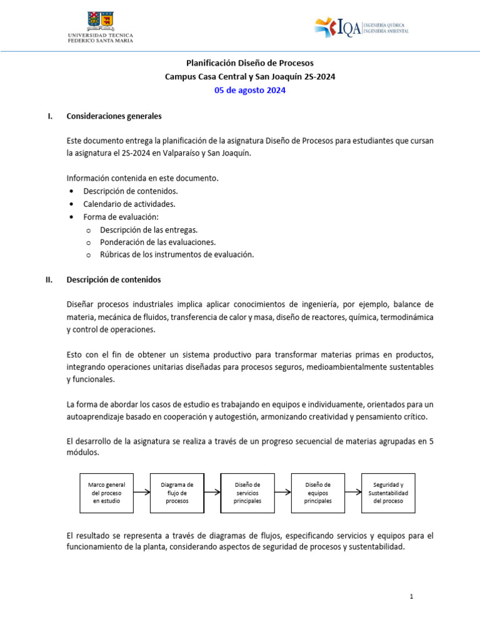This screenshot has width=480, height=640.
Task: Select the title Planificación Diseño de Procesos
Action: click(250, 63)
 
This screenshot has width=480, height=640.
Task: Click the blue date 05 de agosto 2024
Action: click(250, 91)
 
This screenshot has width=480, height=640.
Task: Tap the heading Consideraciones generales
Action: click(114, 116)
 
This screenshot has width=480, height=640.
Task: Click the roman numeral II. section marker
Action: click(49, 280)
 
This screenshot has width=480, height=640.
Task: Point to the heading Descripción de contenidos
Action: click(114, 280)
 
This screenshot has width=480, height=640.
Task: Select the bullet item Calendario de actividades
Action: click(129, 204)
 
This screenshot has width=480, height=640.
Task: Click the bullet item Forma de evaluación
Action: click(121, 217)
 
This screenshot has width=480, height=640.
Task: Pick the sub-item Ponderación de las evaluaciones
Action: click(158, 242)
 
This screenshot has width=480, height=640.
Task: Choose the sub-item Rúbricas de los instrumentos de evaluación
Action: click(177, 254)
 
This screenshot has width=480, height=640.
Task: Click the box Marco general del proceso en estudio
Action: click(106, 492)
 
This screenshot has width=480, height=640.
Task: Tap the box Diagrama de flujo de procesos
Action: click(177, 492)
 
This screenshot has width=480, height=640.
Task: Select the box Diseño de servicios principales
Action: click(247, 492)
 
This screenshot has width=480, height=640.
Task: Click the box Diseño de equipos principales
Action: click(318, 492)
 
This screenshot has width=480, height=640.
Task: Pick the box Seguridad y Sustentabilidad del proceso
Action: click(388, 492)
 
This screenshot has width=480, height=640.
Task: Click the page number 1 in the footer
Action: click(412, 597)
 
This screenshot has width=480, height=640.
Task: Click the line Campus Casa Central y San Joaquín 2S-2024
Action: click(250, 77)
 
